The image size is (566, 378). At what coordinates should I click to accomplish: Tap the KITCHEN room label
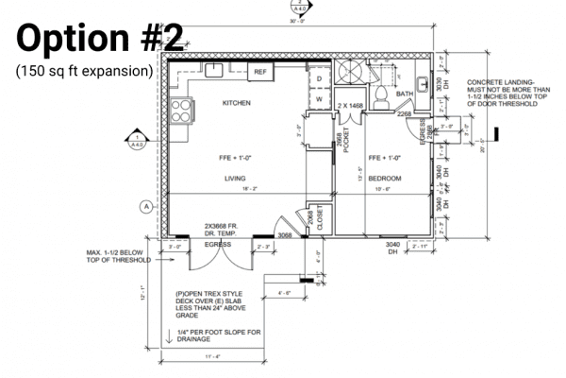click(x=237, y=102)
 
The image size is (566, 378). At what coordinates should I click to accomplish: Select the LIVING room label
click(x=235, y=177)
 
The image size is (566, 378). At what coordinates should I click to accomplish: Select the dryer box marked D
click(x=319, y=79)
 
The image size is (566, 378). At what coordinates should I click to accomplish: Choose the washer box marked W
click(x=319, y=97)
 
